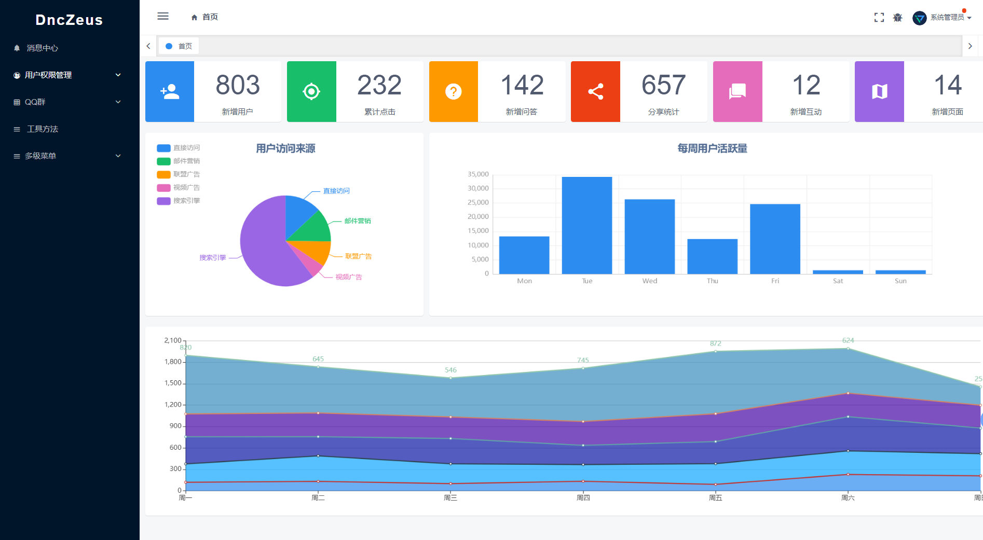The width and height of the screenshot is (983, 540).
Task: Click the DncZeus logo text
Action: (x=69, y=20)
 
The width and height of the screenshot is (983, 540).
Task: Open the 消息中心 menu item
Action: (x=42, y=48)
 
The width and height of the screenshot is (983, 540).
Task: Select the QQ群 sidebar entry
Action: (x=35, y=102)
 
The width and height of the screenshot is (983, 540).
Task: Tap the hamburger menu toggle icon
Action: (x=163, y=16)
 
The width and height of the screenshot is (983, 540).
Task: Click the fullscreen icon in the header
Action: (x=879, y=18)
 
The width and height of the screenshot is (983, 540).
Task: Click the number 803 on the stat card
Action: (x=238, y=85)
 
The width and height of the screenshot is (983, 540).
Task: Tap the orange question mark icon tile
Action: (x=453, y=92)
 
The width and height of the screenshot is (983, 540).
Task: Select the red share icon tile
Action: (x=595, y=92)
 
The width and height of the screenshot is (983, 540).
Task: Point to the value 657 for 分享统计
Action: (x=663, y=85)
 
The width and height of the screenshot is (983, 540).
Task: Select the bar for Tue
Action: (x=586, y=225)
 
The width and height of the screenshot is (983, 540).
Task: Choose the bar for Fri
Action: (x=775, y=239)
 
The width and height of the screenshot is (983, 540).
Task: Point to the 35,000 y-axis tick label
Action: (x=478, y=174)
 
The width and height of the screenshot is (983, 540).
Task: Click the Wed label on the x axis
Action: (x=649, y=281)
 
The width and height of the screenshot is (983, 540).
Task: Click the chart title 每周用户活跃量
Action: (x=712, y=149)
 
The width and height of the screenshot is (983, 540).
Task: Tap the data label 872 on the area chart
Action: (x=715, y=343)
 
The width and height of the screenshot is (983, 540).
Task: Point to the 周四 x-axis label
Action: (x=583, y=498)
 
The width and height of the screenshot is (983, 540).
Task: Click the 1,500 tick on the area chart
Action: (x=173, y=383)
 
